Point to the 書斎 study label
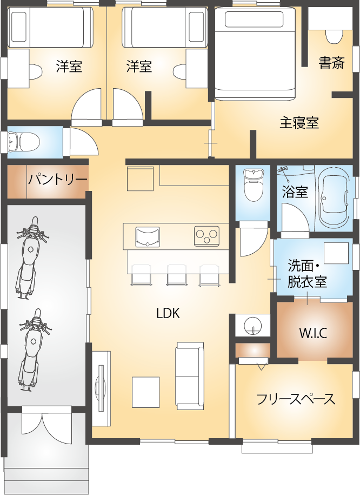point(331,63)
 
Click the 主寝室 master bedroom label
point(299,123)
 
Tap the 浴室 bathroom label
point(295,192)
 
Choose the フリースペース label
point(296,400)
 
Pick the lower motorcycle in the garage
point(30,349)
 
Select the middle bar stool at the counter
point(176,274)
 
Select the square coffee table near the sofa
point(146,391)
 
